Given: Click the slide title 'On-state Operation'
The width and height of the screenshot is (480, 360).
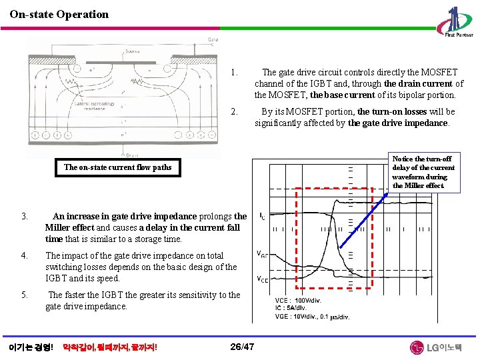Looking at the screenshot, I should [x=59, y=14].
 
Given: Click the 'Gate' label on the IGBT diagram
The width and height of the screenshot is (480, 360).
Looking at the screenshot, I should [x=212, y=40].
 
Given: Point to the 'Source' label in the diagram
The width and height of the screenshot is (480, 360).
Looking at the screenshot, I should [x=133, y=51].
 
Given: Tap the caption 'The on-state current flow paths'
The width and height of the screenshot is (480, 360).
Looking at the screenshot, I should [x=117, y=167].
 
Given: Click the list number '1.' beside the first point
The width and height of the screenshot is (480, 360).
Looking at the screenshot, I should [x=233, y=72].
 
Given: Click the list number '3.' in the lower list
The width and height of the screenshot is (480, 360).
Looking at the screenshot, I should [x=24, y=216].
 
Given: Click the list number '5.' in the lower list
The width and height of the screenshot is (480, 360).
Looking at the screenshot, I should [x=24, y=295].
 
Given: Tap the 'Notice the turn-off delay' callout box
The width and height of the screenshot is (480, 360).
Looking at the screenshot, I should [x=423, y=172].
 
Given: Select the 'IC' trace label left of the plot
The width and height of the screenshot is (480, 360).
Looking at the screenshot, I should [x=262, y=217].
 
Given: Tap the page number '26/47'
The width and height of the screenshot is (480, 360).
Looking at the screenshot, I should [x=241, y=347].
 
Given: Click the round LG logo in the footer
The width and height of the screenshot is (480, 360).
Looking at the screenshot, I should [x=417, y=347].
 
